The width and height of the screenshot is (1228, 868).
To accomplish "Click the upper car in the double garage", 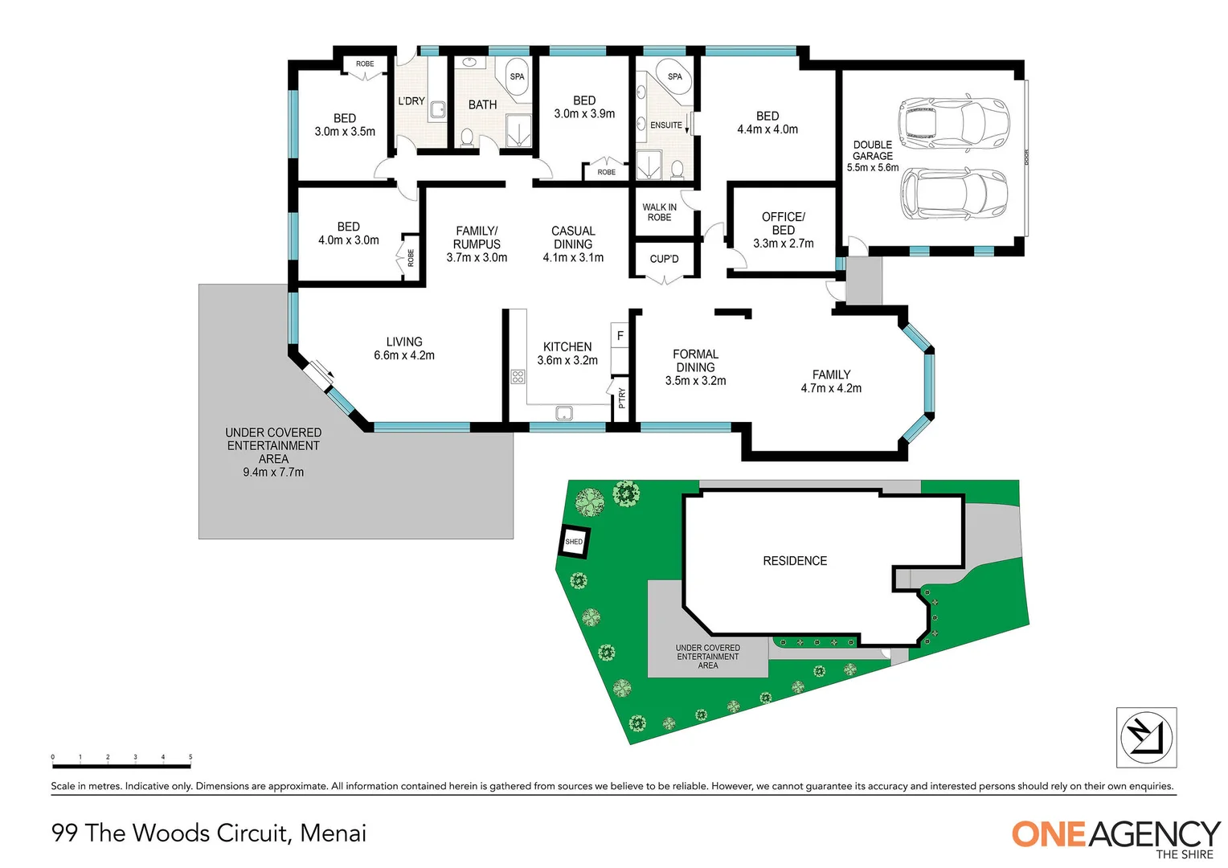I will tap(952, 123).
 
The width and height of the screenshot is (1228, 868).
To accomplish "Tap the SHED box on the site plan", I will tap(574, 542).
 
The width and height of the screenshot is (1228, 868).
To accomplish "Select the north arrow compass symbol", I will tap(1146, 737).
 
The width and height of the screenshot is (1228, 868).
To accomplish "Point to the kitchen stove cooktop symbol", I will tap(518, 376).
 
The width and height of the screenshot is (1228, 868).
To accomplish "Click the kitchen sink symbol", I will tap(564, 413).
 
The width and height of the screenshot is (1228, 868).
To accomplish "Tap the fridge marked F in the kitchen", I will tap(620, 335).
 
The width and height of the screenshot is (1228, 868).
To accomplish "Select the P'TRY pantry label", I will tap(621, 398).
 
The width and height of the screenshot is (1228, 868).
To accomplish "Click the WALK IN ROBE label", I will tap(659, 212).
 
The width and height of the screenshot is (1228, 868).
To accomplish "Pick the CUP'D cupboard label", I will tap(664, 259).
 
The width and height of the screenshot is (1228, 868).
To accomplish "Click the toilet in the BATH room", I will tap(466, 137).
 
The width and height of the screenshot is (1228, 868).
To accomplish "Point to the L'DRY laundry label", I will tap(411, 101).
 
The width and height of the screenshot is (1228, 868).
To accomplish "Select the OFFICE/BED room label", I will tap(783, 230).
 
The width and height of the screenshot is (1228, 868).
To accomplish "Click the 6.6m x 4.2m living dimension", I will tap(403, 355).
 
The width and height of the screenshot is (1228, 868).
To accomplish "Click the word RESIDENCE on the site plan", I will tap(794, 561).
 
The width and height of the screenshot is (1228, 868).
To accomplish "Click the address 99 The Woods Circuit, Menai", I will tap(209, 833).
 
